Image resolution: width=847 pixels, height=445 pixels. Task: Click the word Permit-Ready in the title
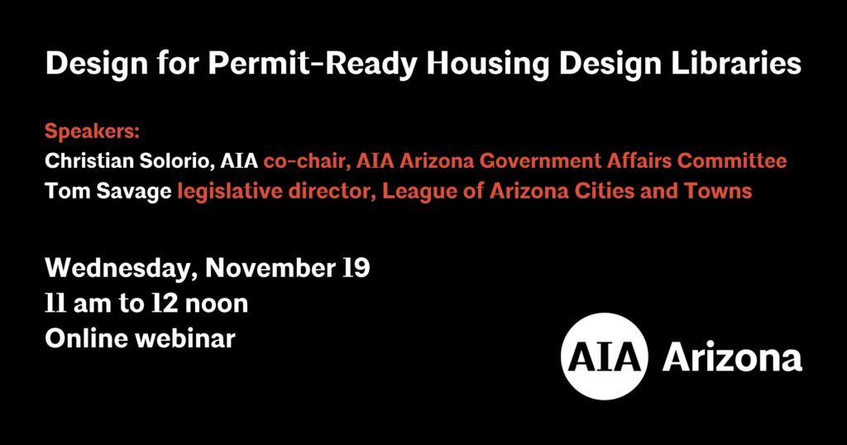(313, 65)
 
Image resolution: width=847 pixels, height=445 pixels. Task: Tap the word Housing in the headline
(488, 65)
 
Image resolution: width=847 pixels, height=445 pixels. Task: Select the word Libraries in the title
(735, 63)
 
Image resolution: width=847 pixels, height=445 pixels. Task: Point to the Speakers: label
(93, 132)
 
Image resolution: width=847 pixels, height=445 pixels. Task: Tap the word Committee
(732, 161)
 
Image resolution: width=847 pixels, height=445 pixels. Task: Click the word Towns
(718, 191)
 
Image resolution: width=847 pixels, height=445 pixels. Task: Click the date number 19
(357, 268)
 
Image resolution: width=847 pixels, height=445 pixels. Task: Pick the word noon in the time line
(217, 304)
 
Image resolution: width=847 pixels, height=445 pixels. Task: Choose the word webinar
(185, 338)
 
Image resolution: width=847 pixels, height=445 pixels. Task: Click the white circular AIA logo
(605, 356)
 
